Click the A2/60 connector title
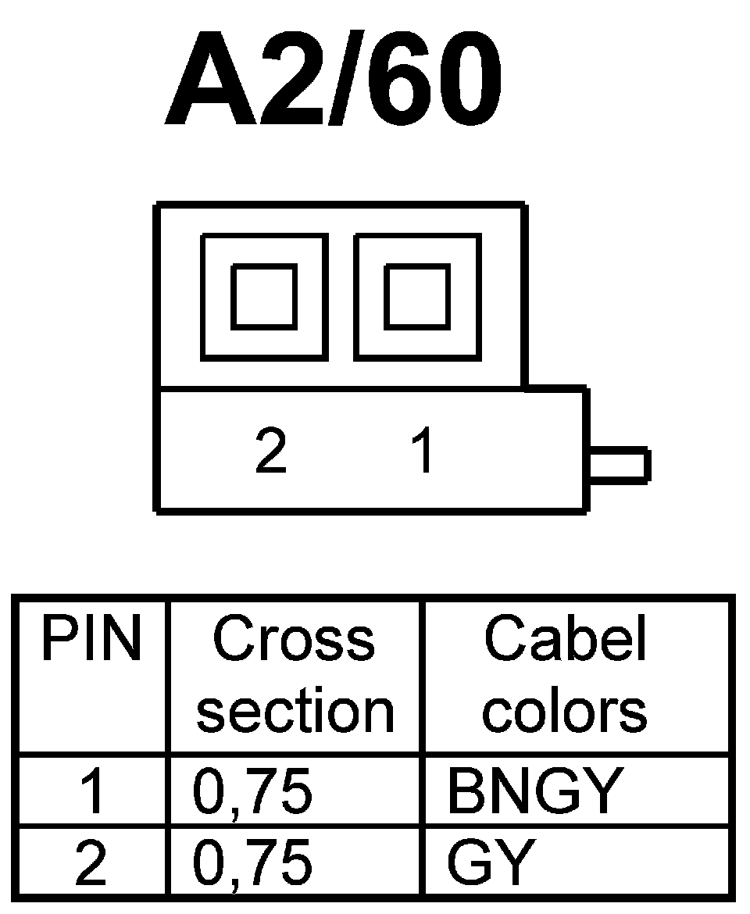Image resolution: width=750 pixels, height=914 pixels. tap(332, 80)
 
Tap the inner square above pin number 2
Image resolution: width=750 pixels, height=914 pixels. tap(264, 297)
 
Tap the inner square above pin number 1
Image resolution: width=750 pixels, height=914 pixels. tap(417, 297)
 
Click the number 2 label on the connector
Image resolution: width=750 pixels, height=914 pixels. tap(271, 451)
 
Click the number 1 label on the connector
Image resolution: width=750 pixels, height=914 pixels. tap(423, 451)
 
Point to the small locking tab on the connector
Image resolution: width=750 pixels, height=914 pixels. tap(619, 463)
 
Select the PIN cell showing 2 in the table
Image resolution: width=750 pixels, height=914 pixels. tap(91, 863)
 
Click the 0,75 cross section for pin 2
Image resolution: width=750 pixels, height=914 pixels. tap(252, 863)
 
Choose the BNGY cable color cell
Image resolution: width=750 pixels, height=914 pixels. tap(534, 791)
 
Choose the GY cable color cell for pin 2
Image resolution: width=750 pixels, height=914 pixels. tap(491, 863)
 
